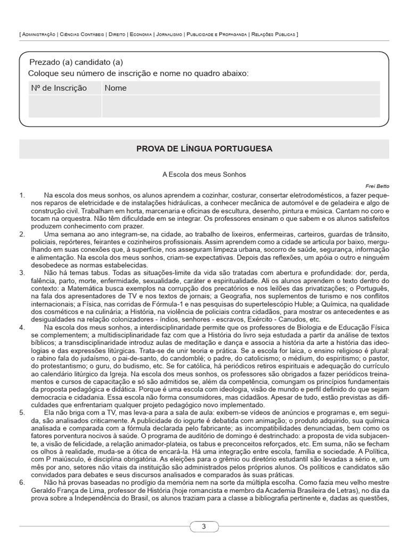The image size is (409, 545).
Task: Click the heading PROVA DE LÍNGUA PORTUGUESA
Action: (204, 148)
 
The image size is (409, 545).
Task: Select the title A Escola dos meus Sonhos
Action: (204, 174)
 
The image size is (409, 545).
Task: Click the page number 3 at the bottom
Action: (204, 527)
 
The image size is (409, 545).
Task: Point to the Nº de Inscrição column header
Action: (59, 88)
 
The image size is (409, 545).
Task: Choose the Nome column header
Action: (116, 88)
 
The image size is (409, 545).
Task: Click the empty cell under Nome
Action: (241, 106)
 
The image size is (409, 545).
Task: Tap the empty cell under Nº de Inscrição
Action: (61, 106)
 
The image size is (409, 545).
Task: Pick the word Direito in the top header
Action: (116, 34)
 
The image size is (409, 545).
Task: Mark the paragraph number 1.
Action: (22, 195)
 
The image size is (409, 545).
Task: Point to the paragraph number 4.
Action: (22, 327)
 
